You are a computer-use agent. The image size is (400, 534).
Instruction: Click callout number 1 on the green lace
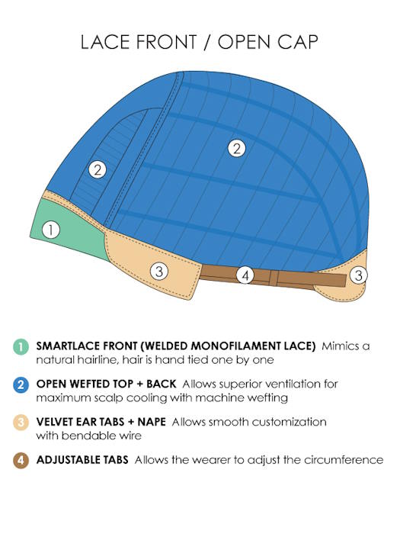pos(51,230)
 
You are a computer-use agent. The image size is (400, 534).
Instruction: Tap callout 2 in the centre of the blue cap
pos(237,149)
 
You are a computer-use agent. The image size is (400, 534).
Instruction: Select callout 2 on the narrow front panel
pos(98,169)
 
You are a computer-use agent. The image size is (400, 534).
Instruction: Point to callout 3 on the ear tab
pos(159,271)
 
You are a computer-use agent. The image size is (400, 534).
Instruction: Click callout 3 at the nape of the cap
pos(359,275)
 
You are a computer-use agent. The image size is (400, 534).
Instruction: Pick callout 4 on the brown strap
pos(245,275)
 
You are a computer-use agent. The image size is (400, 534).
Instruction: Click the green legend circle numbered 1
pos(21,346)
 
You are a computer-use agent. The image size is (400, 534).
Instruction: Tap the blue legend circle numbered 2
pos(21,384)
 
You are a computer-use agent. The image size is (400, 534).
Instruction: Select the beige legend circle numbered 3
pos(21,423)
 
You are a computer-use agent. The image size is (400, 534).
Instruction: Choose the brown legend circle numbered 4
pos(21,460)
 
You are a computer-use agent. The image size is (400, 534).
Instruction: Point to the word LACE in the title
pos(105,42)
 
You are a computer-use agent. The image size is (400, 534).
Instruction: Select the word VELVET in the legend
pos(55,422)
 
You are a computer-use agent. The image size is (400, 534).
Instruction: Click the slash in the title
pos(206,42)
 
